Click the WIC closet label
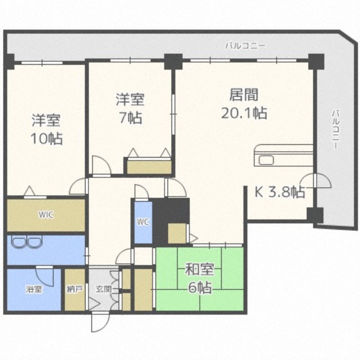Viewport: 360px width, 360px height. [x=46, y=215]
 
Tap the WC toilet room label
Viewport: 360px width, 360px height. [x=143, y=222]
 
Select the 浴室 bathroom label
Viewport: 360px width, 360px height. [x=34, y=289]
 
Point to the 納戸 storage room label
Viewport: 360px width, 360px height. [x=75, y=289]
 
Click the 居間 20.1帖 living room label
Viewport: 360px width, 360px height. [x=244, y=103]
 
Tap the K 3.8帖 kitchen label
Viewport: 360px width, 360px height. [x=280, y=192]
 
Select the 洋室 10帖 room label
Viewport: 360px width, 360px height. [x=46, y=129]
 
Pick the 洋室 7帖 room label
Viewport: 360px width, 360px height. [x=130, y=108]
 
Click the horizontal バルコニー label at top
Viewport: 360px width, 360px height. [x=245, y=46]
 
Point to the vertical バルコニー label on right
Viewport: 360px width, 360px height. [x=336, y=130]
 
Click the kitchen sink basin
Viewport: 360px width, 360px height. [x=266, y=160]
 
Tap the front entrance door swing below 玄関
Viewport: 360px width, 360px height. [x=100, y=322]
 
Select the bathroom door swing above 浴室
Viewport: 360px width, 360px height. [x=45, y=276]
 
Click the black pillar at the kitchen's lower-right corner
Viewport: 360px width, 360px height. [x=315, y=216]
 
